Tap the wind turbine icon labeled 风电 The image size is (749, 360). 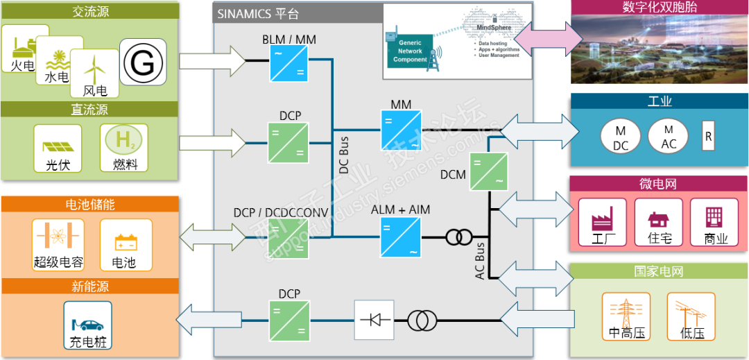pos(94,73)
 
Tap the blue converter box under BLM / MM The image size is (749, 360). pos(289,65)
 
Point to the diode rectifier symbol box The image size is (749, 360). pos(374,320)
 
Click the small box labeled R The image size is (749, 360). pos(708,136)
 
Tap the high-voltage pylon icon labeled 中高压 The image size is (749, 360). pos(626,316)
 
